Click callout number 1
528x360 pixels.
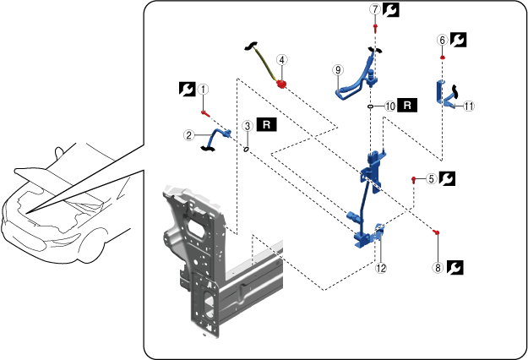pos(203,88)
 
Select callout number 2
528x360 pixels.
pos(189,134)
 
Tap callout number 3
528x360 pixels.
pos(247,125)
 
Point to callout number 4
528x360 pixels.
pos(281,60)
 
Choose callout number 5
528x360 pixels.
pos(431,179)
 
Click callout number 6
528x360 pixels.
pos(442,40)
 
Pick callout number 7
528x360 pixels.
pos(374,9)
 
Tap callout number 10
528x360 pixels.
pos(389,106)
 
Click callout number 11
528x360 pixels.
pos(469,107)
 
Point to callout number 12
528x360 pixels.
pos(381,269)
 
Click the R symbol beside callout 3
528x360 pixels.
pos(266,124)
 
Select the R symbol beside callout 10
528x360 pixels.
pos(409,106)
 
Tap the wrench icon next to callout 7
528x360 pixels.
pos(391,9)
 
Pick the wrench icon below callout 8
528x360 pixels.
pos(454,269)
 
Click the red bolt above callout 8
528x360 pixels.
pos(438,231)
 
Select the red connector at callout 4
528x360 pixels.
pos(283,83)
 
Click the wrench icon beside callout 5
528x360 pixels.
pos(448,179)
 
